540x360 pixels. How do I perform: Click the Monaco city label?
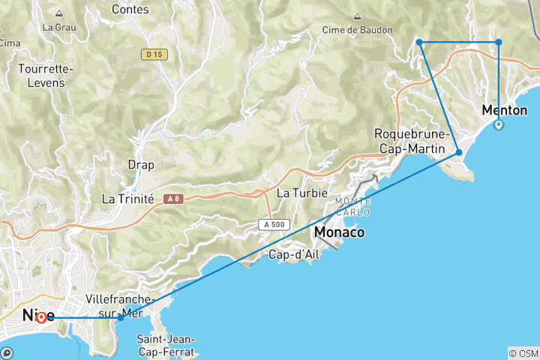[340, 232]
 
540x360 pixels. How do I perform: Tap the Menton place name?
[505, 109]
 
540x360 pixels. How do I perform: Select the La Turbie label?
[302, 193]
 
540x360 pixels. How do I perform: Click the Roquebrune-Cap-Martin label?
[412, 141]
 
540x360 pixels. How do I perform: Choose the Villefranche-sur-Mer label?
[121, 305]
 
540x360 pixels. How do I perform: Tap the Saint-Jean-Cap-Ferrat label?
[166, 345]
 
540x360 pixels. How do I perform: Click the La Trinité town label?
[127, 199]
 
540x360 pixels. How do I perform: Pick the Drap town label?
[140, 165]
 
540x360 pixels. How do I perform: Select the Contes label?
[130, 10]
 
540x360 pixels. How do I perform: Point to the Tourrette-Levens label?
[46, 76]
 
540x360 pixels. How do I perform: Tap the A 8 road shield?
[174, 199]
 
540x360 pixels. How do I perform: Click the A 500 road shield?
[274, 223]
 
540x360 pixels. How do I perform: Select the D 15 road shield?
[155, 54]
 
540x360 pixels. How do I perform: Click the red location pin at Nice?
[40, 317]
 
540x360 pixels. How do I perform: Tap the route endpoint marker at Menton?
[499, 124]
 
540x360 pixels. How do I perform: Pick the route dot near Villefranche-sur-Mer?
[121, 318]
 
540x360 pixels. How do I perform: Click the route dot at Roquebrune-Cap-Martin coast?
[459, 152]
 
